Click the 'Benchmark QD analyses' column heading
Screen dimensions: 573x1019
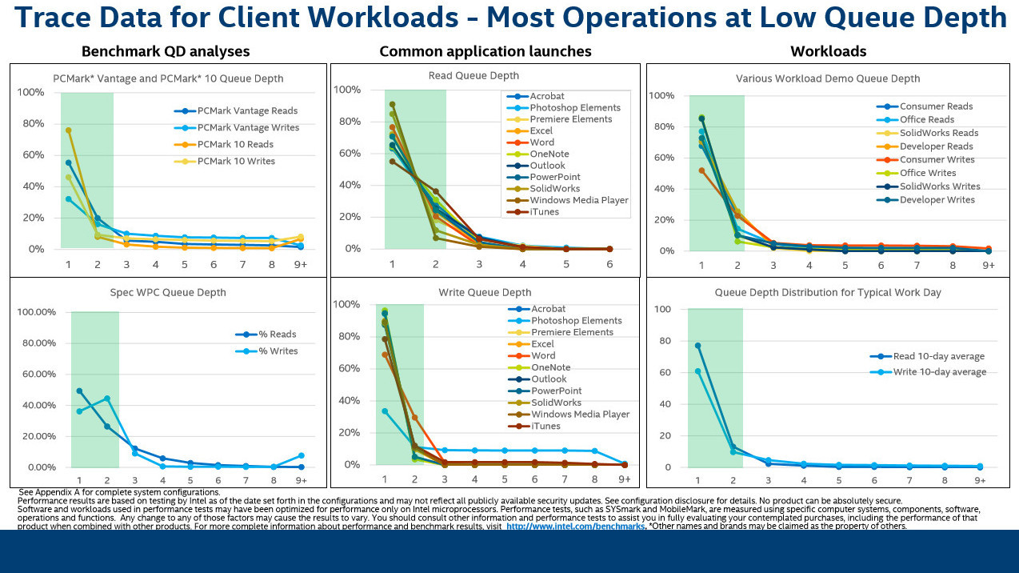166,51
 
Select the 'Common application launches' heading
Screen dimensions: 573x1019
485,51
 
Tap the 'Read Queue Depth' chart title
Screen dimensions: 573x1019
485,76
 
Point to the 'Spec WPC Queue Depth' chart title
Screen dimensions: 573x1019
168,293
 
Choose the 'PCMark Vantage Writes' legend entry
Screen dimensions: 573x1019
248,128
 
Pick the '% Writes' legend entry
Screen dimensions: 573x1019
278,351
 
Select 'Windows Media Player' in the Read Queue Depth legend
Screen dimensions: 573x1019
578,200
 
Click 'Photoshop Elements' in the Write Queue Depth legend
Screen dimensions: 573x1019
576,320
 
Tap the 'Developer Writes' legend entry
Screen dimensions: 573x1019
937,200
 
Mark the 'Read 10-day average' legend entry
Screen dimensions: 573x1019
938,357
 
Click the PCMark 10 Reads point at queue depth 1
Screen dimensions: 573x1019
69,130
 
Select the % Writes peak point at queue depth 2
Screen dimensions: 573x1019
106,398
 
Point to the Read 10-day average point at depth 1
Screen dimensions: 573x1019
698,346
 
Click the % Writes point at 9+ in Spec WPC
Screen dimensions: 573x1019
301,455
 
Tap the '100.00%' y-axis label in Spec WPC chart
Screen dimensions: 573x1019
36,312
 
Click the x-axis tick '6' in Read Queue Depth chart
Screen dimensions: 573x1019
609,263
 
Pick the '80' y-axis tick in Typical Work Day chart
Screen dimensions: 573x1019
664,341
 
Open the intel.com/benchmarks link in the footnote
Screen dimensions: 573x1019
576,527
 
